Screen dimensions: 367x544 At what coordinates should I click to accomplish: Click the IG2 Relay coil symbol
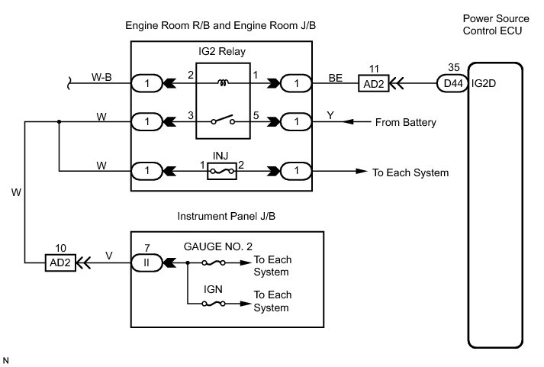coord(224,82)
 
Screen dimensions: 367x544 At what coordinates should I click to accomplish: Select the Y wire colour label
coord(330,114)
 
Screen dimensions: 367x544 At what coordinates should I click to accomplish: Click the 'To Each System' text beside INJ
coord(410,172)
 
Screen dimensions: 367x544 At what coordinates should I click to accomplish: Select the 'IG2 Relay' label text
coord(223,52)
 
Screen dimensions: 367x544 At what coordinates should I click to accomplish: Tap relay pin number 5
coord(256,114)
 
